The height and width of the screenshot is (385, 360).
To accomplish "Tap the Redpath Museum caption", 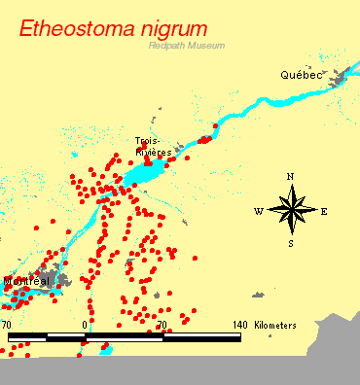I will (186, 46).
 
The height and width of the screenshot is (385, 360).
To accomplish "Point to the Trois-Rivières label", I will (154, 147).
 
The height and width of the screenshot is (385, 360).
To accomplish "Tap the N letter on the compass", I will (290, 177).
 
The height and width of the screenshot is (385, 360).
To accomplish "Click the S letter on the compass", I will (291, 244).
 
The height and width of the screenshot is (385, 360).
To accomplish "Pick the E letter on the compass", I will (324, 211).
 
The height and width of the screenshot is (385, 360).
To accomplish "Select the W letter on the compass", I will (258, 211).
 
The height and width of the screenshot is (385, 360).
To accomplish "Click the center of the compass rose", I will (291, 210).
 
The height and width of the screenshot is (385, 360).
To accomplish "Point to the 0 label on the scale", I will (86, 324).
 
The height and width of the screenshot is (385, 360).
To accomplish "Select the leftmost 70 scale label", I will (7, 324).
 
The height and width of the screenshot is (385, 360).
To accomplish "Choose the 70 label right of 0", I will (162, 324).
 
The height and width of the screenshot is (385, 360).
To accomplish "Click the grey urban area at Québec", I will (340, 78).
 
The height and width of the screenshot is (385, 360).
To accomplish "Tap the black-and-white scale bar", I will (124, 336).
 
